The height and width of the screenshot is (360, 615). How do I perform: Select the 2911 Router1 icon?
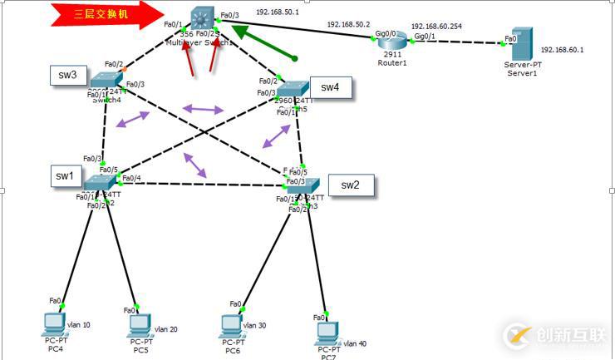pyautogui.click(x=394, y=40)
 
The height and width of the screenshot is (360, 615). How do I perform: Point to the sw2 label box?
pyautogui.click(x=350, y=185)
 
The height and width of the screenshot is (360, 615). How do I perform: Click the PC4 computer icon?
pyautogui.click(x=55, y=322)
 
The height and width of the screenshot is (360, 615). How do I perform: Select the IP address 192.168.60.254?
pyautogui.click(x=436, y=26)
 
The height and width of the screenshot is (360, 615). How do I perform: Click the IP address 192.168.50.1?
pyautogui.click(x=278, y=13)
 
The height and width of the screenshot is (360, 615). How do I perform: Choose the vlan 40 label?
pyautogui.click(x=355, y=343)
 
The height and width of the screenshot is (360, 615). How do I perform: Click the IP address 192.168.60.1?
pyautogui.click(x=562, y=49)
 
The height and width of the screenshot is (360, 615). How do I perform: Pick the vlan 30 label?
pyautogui.click(x=254, y=325)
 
